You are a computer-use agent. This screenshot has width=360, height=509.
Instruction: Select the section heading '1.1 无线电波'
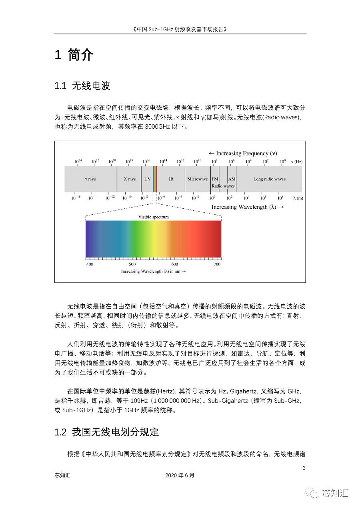(82, 86)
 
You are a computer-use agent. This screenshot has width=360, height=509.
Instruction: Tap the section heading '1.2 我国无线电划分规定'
(106, 432)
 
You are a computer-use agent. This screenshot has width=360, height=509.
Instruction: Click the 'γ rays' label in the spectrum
(90, 179)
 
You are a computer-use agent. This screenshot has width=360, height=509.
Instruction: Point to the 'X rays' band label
(130, 179)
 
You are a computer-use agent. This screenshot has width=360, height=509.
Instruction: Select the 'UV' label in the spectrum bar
(147, 179)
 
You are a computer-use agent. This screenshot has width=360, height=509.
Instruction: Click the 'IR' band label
(171, 179)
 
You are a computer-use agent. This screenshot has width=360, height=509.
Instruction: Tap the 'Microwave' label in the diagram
(198, 179)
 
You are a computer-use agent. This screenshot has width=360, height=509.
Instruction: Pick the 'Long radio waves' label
(269, 179)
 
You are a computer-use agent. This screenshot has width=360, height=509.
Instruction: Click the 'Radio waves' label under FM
(223, 186)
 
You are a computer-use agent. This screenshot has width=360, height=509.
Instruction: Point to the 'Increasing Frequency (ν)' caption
(243, 153)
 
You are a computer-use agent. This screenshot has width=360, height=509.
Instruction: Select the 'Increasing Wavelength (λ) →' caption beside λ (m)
(248, 207)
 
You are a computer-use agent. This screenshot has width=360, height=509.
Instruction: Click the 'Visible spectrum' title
(154, 217)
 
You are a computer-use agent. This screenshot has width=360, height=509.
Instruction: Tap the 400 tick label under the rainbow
(90, 264)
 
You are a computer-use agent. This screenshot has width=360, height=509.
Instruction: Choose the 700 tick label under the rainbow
(217, 264)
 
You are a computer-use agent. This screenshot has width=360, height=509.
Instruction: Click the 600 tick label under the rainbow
(175, 264)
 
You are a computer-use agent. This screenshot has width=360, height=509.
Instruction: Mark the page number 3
(304, 468)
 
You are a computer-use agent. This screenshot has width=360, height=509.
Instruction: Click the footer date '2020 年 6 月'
(180, 475)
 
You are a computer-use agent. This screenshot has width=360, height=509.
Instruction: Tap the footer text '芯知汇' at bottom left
(62, 475)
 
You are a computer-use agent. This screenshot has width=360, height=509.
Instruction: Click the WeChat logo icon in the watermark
(312, 493)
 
